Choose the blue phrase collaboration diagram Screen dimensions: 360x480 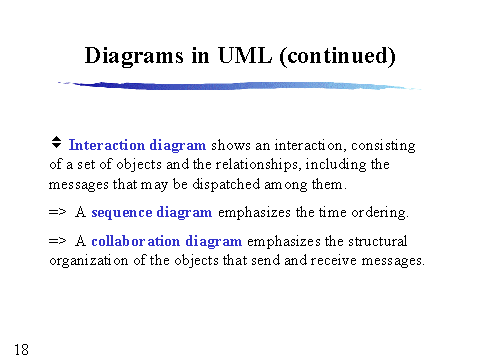167,241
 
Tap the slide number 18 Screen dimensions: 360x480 21,348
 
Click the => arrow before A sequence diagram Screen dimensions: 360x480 57,212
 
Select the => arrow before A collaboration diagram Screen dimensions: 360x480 57,241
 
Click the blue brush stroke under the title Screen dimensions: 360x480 240,87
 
